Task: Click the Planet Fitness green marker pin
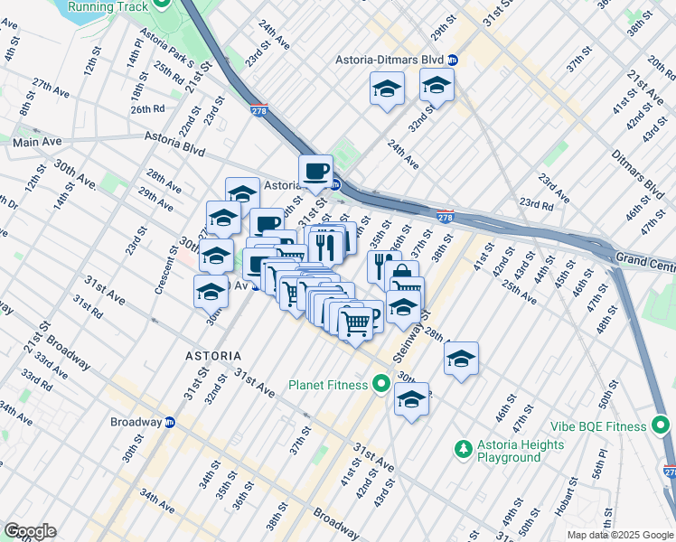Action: (x=380, y=385)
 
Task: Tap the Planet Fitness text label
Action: (x=328, y=385)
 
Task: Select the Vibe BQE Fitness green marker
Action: (x=660, y=424)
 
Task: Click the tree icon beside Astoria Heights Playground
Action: (x=463, y=448)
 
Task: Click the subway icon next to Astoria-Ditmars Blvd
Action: (x=454, y=60)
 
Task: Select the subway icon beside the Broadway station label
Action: (x=169, y=422)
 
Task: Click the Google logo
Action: (x=30, y=531)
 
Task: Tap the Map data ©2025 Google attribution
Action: (x=620, y=535)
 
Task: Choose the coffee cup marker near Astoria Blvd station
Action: (x=315, y=172)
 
